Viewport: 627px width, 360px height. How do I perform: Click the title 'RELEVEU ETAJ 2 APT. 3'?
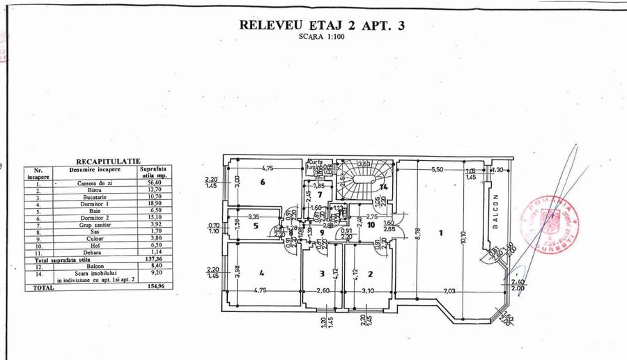pyautogui.click(x=321, y=26)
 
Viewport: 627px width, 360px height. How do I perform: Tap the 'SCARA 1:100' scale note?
pyautogui.click(x=321, y=38)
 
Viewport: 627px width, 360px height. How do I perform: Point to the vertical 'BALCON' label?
pyautogui.click(x=496, y=207)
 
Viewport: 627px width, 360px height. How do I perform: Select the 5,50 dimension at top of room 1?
pyautogui.click(x=437, y=170)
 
